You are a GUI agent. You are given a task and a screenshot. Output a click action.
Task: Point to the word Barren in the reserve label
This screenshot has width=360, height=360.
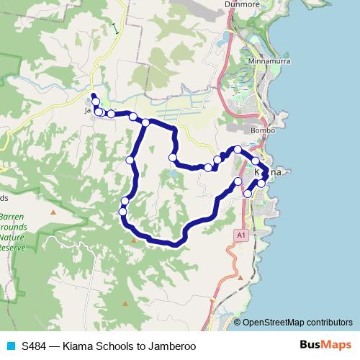[x=12, y=217]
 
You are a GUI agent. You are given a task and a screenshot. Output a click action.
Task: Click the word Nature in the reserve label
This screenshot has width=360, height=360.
[x=12, y=237]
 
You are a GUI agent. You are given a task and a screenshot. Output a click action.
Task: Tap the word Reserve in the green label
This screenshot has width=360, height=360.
[x=12, y=247]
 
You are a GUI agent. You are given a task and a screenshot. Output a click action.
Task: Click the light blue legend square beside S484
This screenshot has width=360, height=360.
[x=12, y=346]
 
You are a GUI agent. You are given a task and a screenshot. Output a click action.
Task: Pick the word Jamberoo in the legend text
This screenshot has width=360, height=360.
[x=171, y=346]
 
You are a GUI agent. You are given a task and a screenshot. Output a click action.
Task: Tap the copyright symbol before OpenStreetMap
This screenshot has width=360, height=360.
[x=238, y=322]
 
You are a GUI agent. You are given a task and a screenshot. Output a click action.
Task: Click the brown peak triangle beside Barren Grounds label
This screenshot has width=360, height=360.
[x=53, y=213]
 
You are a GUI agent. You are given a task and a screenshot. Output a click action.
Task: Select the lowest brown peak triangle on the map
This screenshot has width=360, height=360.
[x=125, y=303]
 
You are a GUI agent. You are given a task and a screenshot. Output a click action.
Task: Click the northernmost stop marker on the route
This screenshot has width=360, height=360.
[x=96, y=102]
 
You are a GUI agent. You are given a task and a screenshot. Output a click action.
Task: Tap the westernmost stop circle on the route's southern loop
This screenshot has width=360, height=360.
[x=122, y=212]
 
